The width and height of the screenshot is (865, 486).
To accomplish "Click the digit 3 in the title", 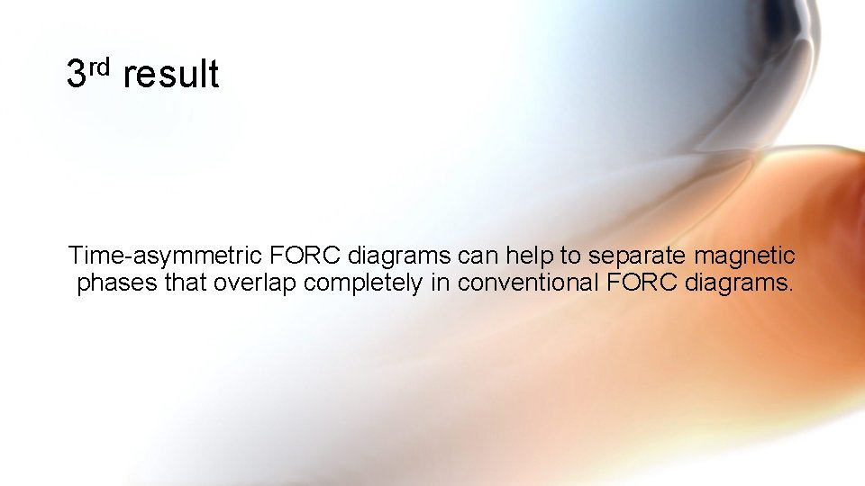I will click(x=77, y=74).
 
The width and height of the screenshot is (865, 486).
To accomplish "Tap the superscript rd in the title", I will click(x=99, y=66).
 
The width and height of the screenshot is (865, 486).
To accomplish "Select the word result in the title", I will click(x=170, y=74).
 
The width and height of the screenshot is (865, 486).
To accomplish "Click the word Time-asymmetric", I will click(x=166, y=256).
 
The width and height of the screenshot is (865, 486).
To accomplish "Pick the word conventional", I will click(x=529, y=283).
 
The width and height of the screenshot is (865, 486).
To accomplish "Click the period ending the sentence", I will click(x=790, y=291).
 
